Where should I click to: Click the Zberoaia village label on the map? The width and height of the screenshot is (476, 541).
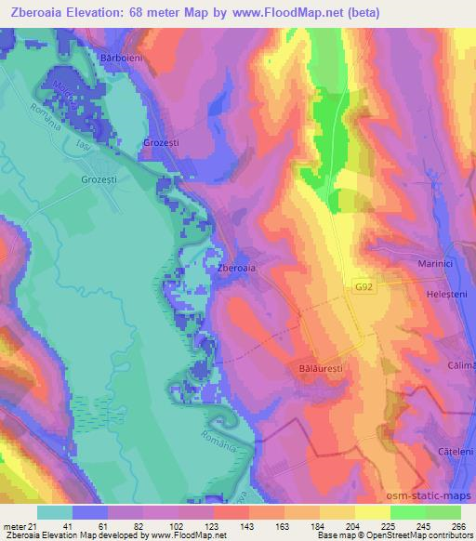pyautogui.click(x=236, y=269)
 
